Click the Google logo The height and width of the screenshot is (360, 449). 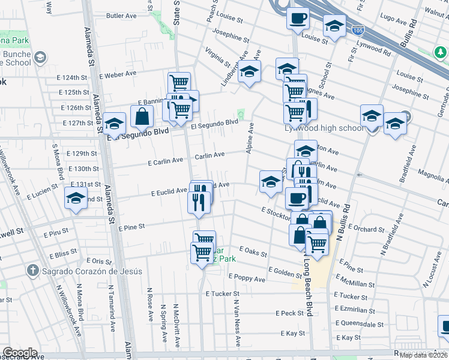click(20, 353)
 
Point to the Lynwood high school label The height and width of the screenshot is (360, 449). click(324, 128)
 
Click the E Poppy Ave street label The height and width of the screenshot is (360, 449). click(247, 278)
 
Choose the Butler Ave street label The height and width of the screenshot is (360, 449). click(122, 16)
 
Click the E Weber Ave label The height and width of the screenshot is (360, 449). click(118, 74)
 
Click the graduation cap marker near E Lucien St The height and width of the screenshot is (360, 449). click(76, 198)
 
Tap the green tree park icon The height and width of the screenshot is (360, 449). click(441, 53)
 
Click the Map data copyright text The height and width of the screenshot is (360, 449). click(424, 355)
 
